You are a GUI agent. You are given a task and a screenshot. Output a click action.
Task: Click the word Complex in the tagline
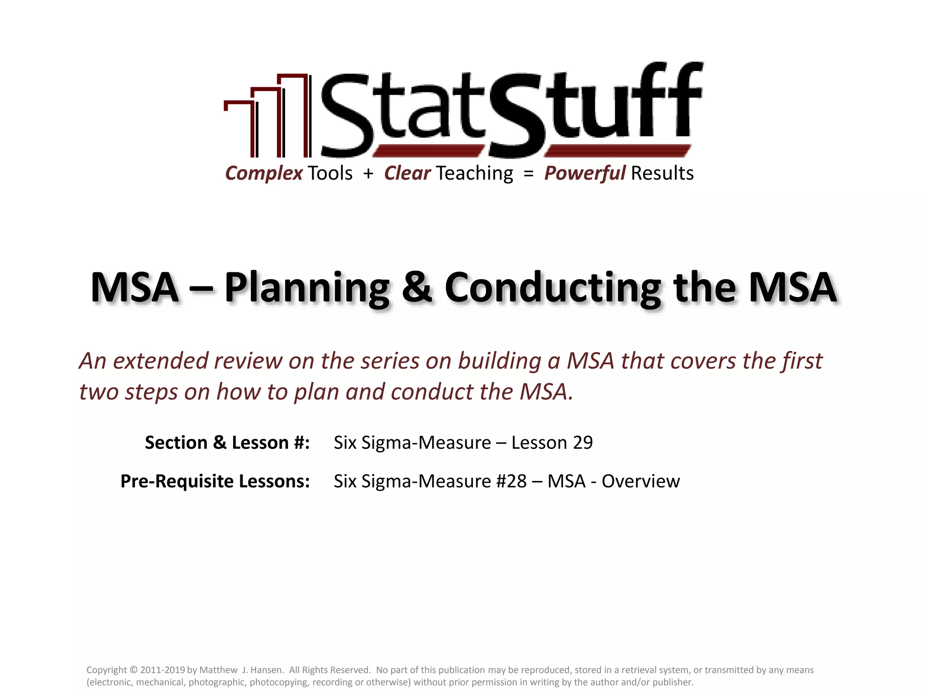coord(264,173)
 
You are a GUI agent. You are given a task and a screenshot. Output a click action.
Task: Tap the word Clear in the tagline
coord(407,173)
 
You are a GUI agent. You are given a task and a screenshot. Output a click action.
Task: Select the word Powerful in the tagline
coord(585,173)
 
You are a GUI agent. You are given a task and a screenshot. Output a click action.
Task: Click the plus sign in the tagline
coord(368,173)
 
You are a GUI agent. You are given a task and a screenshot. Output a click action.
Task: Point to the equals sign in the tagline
coord(528,173)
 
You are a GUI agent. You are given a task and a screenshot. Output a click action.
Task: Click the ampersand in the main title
coord(417,288)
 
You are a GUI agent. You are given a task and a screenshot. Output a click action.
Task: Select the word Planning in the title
coord(307,289)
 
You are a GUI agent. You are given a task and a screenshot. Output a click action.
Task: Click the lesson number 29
coord(583,443)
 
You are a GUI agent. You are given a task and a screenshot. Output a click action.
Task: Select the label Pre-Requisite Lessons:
coord(215,481)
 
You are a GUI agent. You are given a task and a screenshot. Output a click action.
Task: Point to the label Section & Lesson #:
coord(227,443)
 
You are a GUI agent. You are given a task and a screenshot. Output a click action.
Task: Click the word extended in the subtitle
coord(161,361)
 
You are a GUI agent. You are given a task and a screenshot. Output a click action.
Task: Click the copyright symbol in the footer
coord(134,670)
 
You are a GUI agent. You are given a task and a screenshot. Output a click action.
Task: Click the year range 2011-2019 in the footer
coord(162,670)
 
